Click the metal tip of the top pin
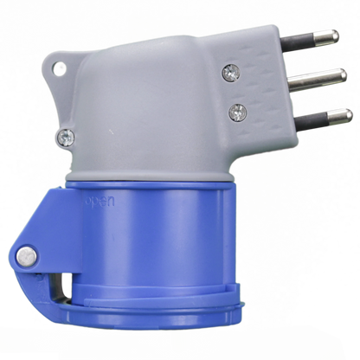326,36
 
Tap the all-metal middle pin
318,78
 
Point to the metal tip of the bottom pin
339,117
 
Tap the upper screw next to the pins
231,73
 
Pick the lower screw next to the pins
238,112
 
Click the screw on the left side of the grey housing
66,138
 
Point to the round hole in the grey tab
60,68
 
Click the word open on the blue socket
100,202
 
